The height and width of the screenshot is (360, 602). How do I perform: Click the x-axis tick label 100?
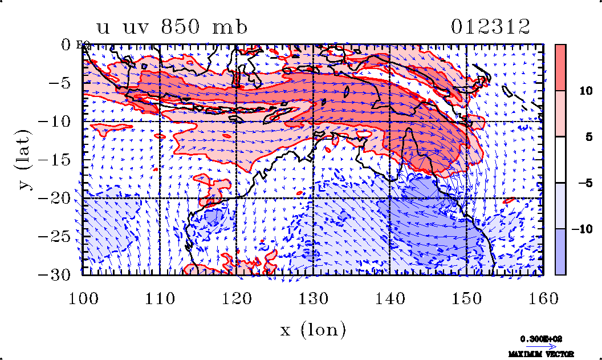[x=83, y=297]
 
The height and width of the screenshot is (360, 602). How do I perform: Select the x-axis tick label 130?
[x=313, y=297]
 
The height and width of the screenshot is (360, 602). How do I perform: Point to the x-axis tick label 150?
[x=466, y=297]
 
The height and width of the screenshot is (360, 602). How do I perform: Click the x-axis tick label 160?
[x=543, y=297]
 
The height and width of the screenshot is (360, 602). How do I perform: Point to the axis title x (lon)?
[x=312, y=330]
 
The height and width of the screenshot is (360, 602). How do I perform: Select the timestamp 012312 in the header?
[x=491, y=27]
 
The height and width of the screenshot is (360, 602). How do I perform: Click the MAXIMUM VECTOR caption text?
[x=541, y=354]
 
